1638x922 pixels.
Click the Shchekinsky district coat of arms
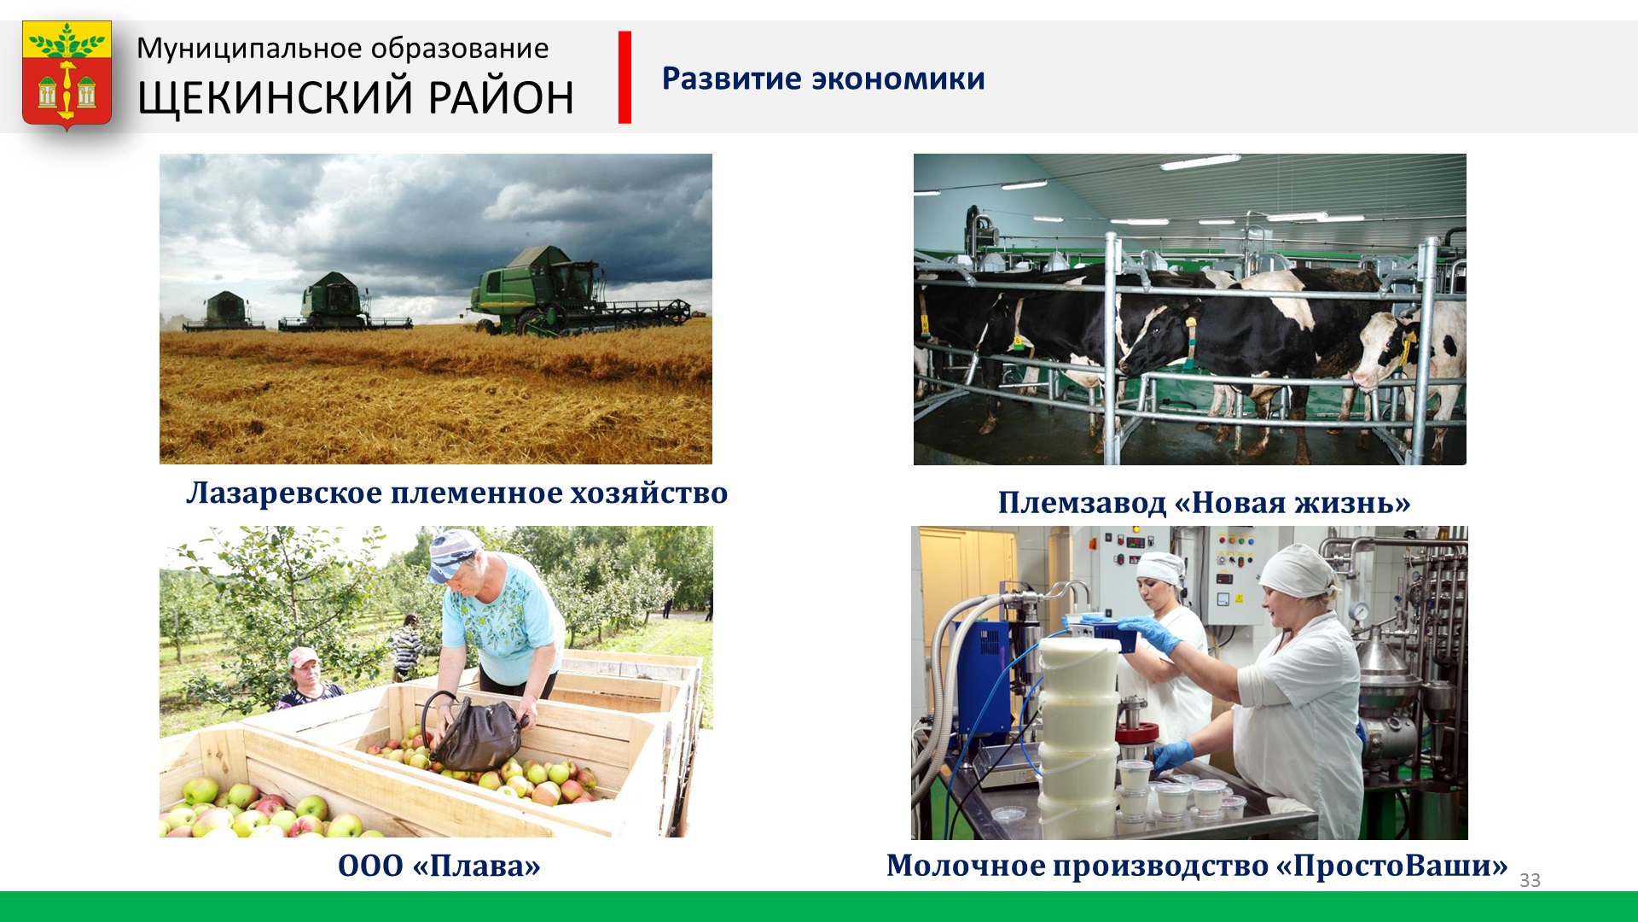[x=67, y=75]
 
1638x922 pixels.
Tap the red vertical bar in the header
[x=624, y=78]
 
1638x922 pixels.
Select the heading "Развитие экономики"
[x=823, y=79]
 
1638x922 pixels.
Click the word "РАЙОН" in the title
[x=501, y=97]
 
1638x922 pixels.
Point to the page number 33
[x=1530, y=880]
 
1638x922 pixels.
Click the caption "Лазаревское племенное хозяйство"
[x=456, y=493]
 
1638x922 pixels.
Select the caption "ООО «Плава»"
[x=439, y=866]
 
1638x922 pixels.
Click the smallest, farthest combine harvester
[x=224, y=312]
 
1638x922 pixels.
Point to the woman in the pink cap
[x=307, y=680]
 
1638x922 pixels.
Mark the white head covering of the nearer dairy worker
[x=1297, y=570]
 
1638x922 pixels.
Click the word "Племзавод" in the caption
[x=1082, y=503]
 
